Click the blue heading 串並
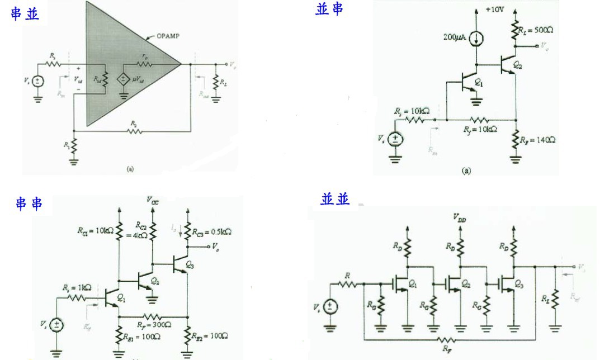pos(25,14)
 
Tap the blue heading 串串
pos(30,203)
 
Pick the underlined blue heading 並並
pos(336,199)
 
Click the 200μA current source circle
pos(476,39)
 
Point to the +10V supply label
pos(495,10)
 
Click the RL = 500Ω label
pos(535,30)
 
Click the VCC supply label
pos(152,201)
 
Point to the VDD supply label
pos(461,220)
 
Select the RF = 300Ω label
pos(154,323)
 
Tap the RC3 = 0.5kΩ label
pos(212,231)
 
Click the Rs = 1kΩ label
pos(77,287)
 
